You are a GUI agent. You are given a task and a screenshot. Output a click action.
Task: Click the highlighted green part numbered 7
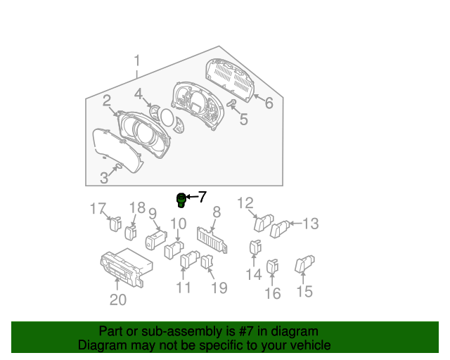(x=181, y=200)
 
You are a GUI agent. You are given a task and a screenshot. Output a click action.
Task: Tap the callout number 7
(x=202, y=197)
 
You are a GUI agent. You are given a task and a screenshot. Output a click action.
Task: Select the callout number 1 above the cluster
(x=137, y=61)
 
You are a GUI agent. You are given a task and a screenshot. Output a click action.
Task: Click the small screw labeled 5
(x=231, y=103)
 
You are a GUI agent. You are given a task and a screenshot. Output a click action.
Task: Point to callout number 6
(x=269, y=103)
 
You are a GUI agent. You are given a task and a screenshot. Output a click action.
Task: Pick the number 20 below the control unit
(x=118, y=300)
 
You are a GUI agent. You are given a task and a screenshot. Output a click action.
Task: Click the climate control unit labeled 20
(x=127, y=267)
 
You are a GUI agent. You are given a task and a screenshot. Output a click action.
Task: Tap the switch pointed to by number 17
(x=115, y=224)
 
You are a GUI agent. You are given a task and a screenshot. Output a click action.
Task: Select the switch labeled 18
(x=131, y=233)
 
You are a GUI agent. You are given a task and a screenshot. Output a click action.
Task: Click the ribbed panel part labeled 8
(x=212, y=240)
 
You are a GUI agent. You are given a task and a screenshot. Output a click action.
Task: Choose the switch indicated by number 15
(x=304, y=264)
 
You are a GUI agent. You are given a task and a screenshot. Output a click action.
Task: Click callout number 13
(x=311, y=224)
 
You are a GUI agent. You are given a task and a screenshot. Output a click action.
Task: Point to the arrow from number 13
(x=296, y=224)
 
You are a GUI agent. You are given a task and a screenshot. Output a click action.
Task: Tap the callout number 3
(x=104, y=178)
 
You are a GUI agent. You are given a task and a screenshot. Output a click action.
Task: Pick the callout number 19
(x=219, y=288)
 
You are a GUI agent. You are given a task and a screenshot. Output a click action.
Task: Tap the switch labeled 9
(x=156, y=240)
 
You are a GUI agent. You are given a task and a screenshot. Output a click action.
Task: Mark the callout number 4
(x=139, y=94)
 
